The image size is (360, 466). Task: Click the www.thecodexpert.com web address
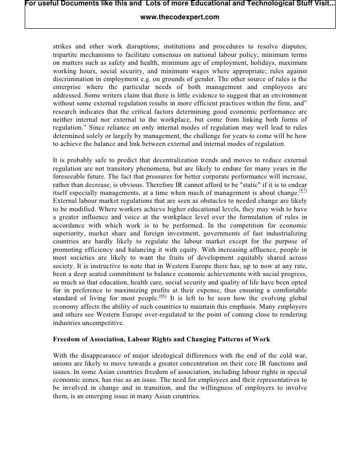(x=180, y=17)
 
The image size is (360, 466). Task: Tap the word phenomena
(x=138, y=169)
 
